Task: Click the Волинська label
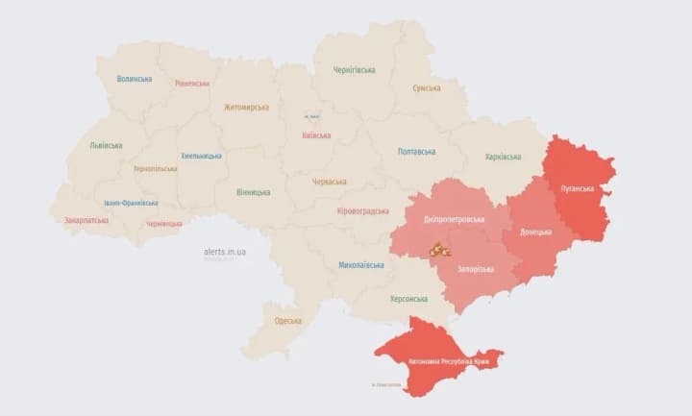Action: pos(134,79)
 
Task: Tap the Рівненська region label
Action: pos(192,84)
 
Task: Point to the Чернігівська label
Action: pos(354,70)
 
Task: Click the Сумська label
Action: pos(427,88)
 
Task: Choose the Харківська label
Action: pos(503,157)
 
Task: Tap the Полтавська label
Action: pos(416,152)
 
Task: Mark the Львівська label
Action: pos(106,146)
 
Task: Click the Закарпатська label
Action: pos(86,220)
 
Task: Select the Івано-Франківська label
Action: pos(132,204)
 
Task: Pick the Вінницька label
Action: pos(254,192)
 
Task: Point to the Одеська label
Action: pos(287,321)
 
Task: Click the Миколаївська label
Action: pos(362,265)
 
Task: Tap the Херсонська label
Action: pos(409,299)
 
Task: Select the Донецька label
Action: pos(535,232)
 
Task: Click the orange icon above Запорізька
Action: pos(439,250)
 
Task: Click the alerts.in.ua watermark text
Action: pos(225,252)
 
